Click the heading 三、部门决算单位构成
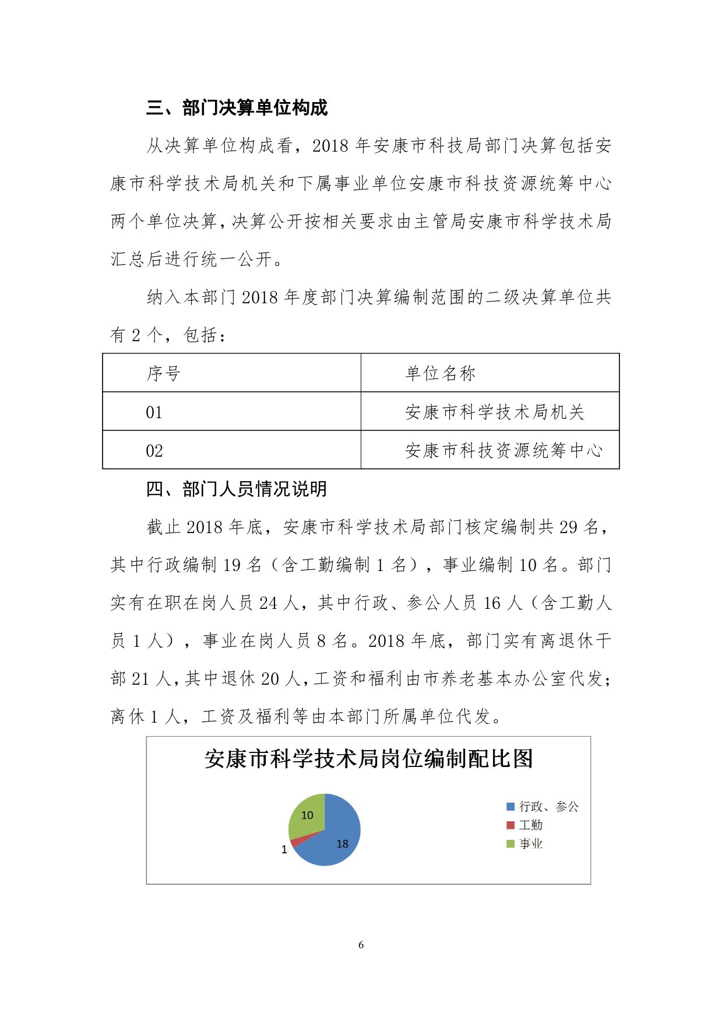click(237, 108)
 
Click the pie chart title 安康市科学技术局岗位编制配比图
click(368, 759)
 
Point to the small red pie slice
click(295, 840)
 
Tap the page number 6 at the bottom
click(361, 945)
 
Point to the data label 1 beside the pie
click(284, 850)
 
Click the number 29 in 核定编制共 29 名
click(568, 527)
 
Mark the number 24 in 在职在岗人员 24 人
click(268, 603)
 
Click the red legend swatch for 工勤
click(510, 825)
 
